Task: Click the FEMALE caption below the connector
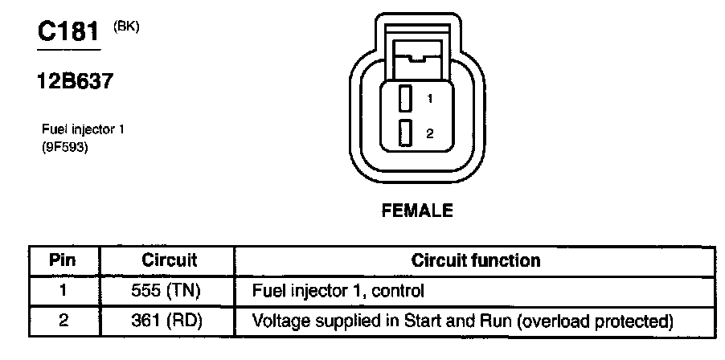click(x=417, y=212)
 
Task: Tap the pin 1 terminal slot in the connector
click(x=406, y=99)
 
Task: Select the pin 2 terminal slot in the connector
click(x=406, y=133)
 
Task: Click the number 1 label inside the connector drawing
click(x=431, y=100)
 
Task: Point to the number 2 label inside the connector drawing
click(x=430, y=134)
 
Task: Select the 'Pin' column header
click(x=63, y=260)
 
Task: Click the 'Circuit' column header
click(x=170, y=260)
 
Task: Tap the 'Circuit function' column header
click(x=475, y=260)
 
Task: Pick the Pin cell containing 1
click(x=63, y=290)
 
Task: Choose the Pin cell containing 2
click(x=63, y=321)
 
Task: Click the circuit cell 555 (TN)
click(x=168, y=290)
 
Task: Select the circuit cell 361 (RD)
click(x=168, y=321)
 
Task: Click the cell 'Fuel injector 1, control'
click(x=338, y=290)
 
